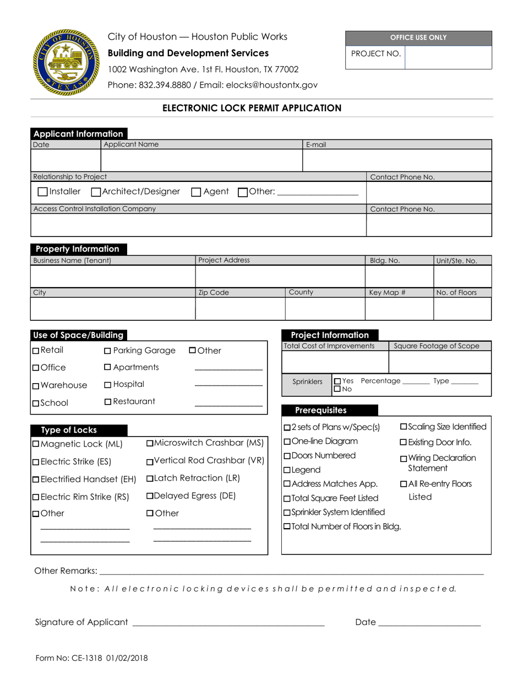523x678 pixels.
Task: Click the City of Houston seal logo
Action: point(67,62)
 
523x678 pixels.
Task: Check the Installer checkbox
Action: point(42,192)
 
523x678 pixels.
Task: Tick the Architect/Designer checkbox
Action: point(96,192)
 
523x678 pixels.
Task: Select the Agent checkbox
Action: point(196,192)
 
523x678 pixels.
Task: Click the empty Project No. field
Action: point(448,57)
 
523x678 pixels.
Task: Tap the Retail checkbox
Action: point(36,351)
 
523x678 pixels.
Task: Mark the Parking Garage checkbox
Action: point(108,351)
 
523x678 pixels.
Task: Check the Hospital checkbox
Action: point(108,385)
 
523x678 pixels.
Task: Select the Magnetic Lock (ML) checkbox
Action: point(36,444)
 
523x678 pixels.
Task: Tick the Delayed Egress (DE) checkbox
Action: point(150,496)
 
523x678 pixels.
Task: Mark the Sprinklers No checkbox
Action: point(337,389)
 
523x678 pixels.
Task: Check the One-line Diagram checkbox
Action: point(287,442)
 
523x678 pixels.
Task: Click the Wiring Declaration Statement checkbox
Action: point(404,459)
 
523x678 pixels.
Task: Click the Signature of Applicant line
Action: point(228,623)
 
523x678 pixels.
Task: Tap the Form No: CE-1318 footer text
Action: point(91,658)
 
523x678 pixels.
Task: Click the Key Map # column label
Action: point(387,293)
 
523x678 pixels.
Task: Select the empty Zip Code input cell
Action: point(240,309)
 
